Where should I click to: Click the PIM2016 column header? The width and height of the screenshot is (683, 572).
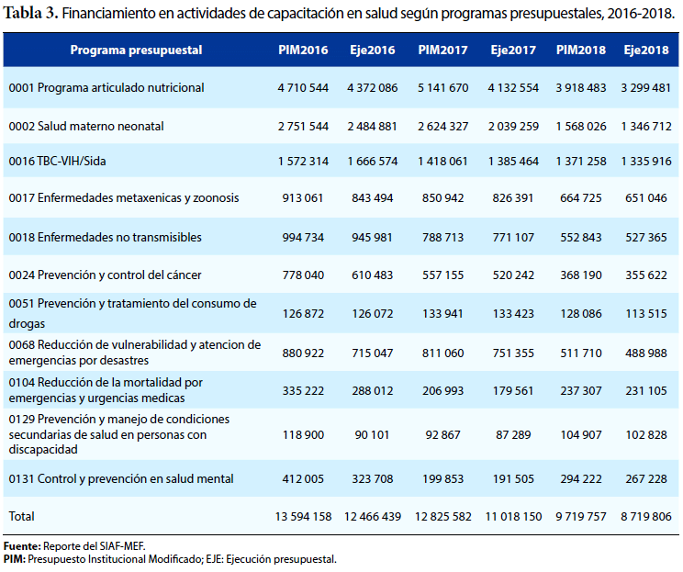click(x=303, y=50)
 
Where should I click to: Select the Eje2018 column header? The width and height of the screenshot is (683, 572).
click(x=646, y=50)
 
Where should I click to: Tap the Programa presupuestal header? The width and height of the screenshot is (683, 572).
click(x=136, y=50)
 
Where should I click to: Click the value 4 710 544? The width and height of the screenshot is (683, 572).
click(x=303, y=88)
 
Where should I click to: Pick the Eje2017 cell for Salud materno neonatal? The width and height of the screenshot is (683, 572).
click(x=513, y=127)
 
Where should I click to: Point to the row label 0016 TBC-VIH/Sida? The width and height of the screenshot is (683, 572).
click(x=57, y=162)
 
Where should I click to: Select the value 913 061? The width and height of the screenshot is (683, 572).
click(x=303, y=198)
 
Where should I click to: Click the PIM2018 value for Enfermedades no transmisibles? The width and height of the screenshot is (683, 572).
click(x=580, y=238)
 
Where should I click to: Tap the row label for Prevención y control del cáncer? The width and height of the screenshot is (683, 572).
click(x=105, y=275)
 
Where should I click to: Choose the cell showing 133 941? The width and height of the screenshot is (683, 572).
click(x=442, y=314)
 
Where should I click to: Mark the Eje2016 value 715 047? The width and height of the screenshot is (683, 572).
click(x=373, y=353)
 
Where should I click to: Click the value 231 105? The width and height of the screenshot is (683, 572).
click(x=646, y=391)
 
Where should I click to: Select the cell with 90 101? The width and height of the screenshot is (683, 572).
click(x=372, y=435)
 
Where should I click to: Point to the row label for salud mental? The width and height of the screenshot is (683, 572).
click(x=121, y=479)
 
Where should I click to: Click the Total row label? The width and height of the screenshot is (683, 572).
click(x=21, y=516)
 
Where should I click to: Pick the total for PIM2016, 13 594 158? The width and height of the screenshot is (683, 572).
click(x=303, y=517)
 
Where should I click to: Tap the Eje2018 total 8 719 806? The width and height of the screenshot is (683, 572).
click(x=646, y=517)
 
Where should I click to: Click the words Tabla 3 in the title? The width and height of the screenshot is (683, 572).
click(x=30, y=14)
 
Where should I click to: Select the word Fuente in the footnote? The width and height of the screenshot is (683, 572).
click(x=22, y=546)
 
